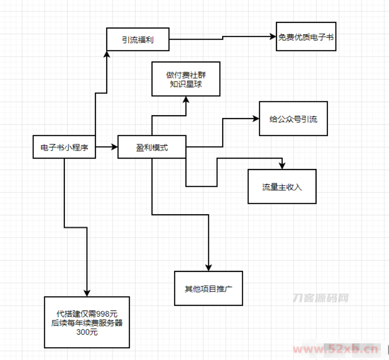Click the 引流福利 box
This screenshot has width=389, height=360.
coord(138,40)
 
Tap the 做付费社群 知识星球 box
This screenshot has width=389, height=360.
coord(185,79)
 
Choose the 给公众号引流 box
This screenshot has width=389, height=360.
coord(293,119)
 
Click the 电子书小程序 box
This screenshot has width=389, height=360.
coord(64,148)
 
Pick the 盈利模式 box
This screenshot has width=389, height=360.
coord(152,148)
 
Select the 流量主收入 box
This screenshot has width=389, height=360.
coord(282,187)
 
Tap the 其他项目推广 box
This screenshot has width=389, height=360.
coord(208,289)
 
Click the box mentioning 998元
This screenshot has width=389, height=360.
coord(87,322)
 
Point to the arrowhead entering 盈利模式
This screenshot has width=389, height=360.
coord(114,148)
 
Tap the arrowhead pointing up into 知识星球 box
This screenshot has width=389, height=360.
coord(185,100)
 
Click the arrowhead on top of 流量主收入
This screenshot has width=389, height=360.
coord(282,166)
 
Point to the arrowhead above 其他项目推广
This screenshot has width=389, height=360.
coord(208,268)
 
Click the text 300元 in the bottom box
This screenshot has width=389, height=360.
coord(87,332)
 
